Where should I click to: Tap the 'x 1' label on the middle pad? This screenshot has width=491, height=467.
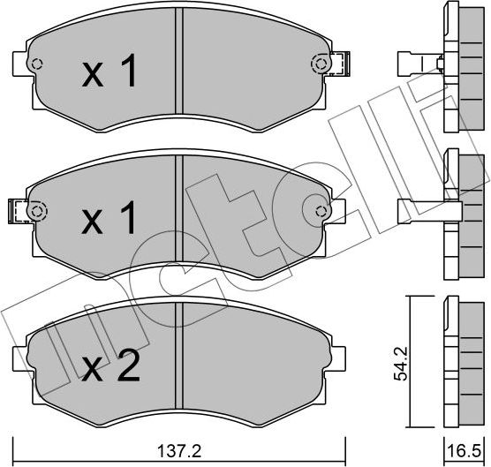pyautogui.click(x=110, y=217)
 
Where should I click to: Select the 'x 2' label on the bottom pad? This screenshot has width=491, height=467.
pyautogui.click(x=110, y=364)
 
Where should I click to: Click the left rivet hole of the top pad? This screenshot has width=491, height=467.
pyautogui.click(x=36, y=64)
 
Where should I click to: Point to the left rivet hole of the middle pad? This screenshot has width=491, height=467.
pyautogui.click(x=36, y=211)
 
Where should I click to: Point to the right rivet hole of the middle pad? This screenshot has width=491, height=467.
pyautogui.click(x=321, y=211)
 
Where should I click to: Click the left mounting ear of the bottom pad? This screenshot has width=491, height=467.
pyautogui.click(x=19, y=357)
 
